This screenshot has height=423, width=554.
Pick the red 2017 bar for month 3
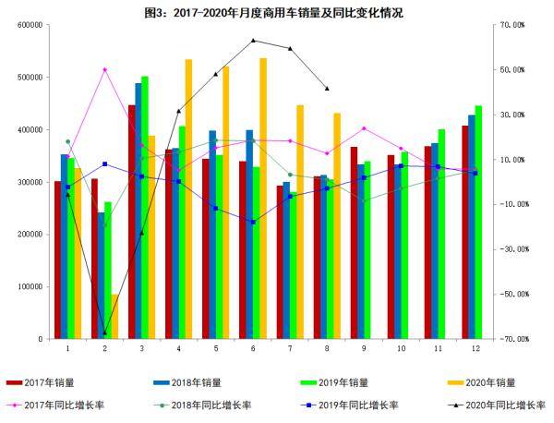(132, 222)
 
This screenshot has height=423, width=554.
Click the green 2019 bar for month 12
(477, 222)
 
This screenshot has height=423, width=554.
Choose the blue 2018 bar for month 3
(138, 211)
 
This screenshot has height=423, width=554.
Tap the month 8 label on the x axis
(327, 349)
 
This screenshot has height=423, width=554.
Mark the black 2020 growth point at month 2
(104, 333)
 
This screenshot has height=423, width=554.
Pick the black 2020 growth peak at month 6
(253, 41)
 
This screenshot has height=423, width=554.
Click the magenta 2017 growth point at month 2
(104, 69)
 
